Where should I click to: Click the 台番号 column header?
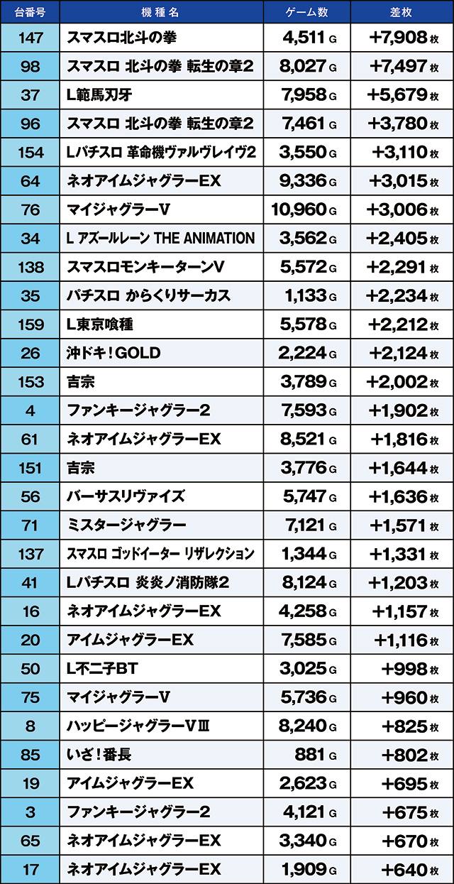pos(30,11)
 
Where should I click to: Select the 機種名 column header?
pos(161,11)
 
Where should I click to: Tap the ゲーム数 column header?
pos(306,11)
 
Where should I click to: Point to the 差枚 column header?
pos(402,11)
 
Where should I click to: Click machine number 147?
pos(30,38)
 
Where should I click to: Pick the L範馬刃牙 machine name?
pos(99,95)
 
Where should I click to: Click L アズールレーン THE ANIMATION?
pos(160,239)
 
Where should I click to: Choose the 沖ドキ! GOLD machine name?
pos(113,353)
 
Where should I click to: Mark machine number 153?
pos(30,382)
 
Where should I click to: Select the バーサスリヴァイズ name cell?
pos(126,496)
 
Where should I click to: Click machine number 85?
pos(30,754)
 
